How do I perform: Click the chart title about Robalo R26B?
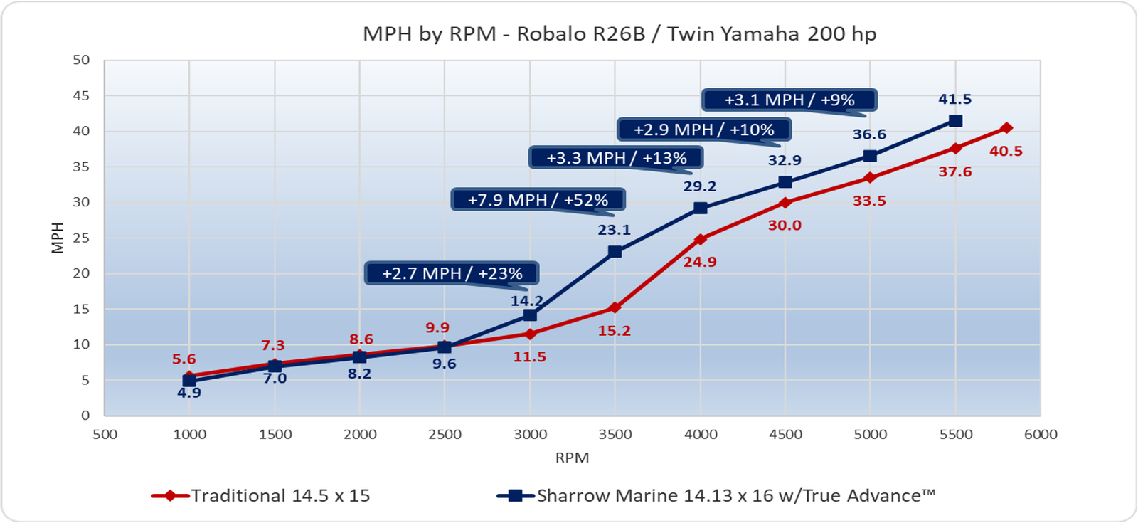point(619,34)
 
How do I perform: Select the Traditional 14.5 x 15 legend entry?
point(261,496)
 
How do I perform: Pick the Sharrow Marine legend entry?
point(717,496)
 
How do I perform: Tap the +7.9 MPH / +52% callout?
point(538,200)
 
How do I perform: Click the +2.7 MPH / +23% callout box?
point(452,273)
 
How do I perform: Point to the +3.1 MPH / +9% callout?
point(789,100)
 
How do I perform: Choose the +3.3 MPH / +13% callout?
point(616,158)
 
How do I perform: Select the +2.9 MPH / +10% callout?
point(703,130)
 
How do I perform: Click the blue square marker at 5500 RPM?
point(956,121)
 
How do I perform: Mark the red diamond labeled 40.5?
point(1006,128)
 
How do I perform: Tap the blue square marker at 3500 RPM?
point(615,252)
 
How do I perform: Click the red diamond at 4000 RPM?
point(701,239)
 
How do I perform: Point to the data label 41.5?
point(954,100)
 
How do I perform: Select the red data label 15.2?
point(615,331)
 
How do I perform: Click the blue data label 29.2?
point(700,186)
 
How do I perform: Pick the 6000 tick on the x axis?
point(1041,435)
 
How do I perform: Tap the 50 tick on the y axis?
point(81,60)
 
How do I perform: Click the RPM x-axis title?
point(572,458)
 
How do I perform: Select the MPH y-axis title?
point(58,238)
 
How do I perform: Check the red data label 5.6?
point(184,359)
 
